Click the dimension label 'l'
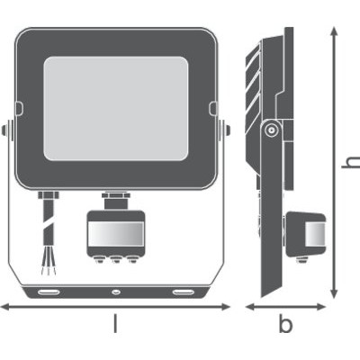[115, 323]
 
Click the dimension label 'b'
[285, 323]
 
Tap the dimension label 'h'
[352, 162]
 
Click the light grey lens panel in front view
[116, 108]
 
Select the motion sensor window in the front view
[116, 234]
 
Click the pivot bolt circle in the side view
[271, 130]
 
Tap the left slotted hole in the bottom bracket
[49, 292]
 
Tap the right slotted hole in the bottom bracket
[183, 292]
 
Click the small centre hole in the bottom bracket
[115, 292]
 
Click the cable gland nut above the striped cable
[49, 195]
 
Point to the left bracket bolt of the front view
[5, 130]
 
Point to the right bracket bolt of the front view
[226, 130]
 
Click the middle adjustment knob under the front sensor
[115, 259]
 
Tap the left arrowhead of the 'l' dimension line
[6, 307]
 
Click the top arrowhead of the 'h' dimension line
[334, 32]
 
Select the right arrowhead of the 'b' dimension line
[321, 307]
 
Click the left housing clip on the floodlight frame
[19, 108]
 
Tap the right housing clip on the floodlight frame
[212, 108]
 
